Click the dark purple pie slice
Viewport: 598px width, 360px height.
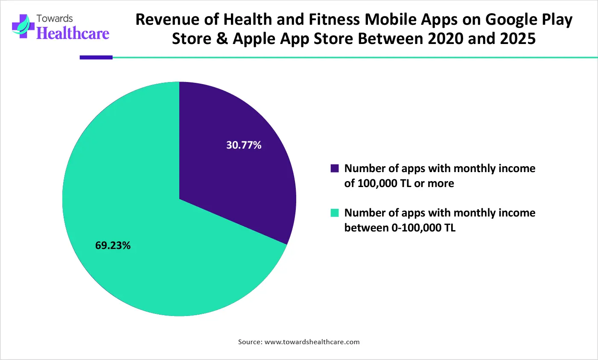(239, 171)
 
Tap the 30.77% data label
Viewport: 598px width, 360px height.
(244, 145)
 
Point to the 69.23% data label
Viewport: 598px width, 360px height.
(113, 246)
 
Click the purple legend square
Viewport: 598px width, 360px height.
(335, 168)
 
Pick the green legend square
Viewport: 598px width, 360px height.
(335, 213)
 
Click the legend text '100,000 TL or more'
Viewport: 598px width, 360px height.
(399, 184)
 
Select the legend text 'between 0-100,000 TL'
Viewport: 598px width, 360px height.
(400, 228)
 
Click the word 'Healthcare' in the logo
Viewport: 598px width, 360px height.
(73, 33)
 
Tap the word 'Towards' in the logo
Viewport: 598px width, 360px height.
(55, 19)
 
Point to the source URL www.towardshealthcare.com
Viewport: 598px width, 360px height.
(312, 342)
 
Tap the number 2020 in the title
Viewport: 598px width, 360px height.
(446, 39)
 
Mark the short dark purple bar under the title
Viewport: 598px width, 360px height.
(96, 57)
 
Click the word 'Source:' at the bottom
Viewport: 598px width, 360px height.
(250, 342)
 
